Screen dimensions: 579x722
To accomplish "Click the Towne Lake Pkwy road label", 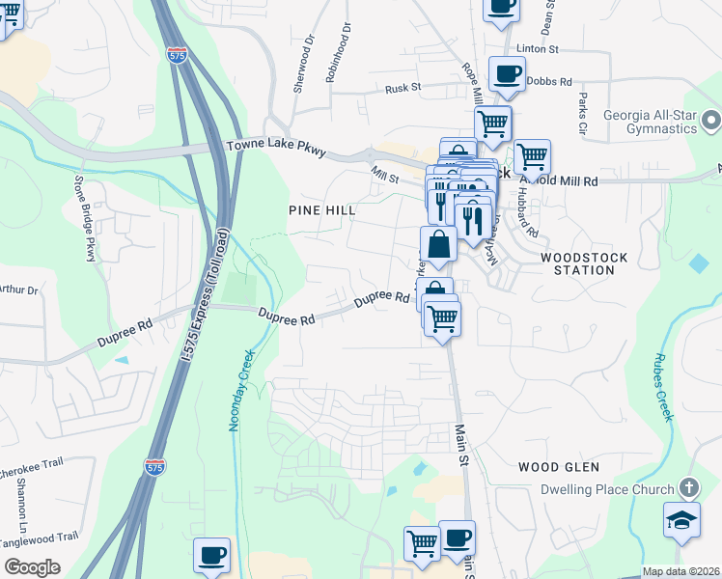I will (276, 148).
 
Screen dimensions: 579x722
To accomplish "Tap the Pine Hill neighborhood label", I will (321, 209).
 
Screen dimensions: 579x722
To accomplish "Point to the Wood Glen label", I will (558, 467).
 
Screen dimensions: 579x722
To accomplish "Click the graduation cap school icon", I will (681, 520).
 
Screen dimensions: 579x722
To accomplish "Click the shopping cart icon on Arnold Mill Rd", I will (531, 156).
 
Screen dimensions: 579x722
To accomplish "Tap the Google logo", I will (32, 567).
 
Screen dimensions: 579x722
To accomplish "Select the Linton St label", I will (538, 48).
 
